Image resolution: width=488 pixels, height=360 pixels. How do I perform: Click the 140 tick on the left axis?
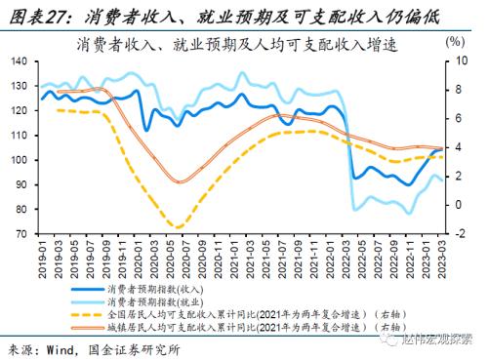pyautogui.click(x=20, y=61)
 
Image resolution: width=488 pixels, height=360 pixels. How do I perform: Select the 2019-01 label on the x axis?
pyautogui.click(x=42, y=257)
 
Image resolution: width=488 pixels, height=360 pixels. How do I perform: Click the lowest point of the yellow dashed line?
pyautogui.click(x=176, y=227)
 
